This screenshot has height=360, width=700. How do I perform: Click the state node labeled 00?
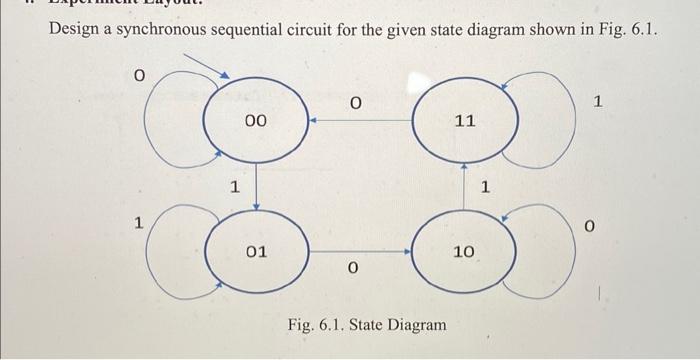pos(255,121)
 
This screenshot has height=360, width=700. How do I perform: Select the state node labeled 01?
pos(257,252)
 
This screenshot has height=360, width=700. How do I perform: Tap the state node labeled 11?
pos(464,121)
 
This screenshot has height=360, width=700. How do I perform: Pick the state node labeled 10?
pos(463,252)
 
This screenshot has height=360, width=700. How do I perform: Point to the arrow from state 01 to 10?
pos(360,252)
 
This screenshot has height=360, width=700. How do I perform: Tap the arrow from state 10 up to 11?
pos(464,187)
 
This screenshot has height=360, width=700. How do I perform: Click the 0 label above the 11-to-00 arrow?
pos(355,101)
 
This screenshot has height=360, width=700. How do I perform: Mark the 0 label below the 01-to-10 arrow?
pos(353,268)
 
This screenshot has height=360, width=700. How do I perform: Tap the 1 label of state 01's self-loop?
pos(141,225)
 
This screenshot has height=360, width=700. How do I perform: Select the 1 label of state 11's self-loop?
pos(598,102)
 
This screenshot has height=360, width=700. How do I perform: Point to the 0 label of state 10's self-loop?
pos(590,229)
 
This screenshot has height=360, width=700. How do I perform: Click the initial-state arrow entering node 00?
pos(210,66)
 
